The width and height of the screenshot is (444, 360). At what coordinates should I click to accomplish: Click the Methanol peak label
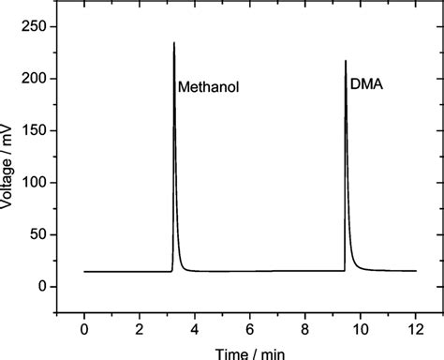coord(209,88)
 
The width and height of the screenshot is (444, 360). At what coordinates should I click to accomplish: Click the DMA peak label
coord(366,84)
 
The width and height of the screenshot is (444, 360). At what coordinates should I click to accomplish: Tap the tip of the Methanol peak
coord(174,43)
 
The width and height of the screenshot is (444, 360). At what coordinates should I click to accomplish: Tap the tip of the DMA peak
coord(346,62)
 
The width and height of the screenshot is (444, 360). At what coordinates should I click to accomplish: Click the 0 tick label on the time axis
coord(84,328)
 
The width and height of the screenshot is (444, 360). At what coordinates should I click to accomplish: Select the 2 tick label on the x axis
coord(140,328)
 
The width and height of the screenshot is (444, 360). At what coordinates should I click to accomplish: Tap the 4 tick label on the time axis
coord(195,328)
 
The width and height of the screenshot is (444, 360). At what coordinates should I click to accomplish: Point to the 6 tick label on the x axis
coord(250,328)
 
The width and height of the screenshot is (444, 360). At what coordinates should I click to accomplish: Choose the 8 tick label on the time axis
coord(305,328)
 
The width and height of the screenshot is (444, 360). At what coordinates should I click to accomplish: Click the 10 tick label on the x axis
coord(361,328)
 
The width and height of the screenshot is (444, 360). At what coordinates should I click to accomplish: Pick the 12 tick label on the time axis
coord(416,328)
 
